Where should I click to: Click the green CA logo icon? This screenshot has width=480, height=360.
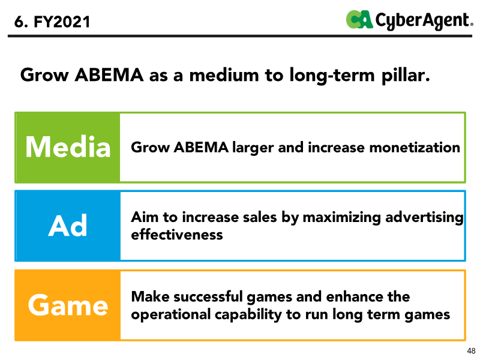(359, 19)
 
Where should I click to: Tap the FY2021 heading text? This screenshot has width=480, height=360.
(52, 22)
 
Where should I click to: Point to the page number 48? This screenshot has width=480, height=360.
(471, 351)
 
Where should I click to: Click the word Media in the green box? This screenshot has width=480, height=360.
(68, 147)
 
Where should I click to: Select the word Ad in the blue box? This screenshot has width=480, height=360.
(68, 226)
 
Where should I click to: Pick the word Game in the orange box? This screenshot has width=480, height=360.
(68, 305)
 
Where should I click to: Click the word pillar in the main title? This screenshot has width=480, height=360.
(406, 76)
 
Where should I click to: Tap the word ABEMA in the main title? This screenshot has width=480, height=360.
(109, 75)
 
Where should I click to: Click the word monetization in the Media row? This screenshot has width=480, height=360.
(415, 147)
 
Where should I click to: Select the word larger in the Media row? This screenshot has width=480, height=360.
(253, 148)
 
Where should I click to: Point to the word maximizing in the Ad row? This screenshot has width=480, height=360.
(341, 218)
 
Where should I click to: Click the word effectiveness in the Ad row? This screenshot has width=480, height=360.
(177, 235)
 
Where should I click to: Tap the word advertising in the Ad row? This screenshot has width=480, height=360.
(425, 218)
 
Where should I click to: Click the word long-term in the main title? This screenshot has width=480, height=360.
(332, 76)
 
